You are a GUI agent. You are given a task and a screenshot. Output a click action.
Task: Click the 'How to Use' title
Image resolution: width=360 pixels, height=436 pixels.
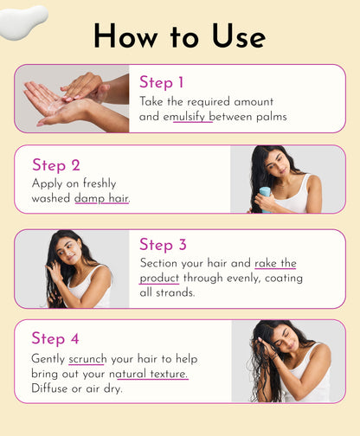pos(179,35)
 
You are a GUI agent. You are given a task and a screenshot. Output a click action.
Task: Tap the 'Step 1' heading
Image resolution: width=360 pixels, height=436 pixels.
pos(162,83)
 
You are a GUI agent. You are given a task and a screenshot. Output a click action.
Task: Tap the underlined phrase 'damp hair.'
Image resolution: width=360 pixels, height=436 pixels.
pos(102,198)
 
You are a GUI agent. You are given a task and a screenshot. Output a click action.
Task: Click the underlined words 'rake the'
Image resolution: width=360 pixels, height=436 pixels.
pos(275,263)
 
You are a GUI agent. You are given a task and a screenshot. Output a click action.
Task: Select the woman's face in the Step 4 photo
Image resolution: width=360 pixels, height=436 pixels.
pos(285,340)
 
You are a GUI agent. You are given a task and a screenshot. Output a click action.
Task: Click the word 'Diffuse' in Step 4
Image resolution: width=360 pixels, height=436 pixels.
pos(53,389)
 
